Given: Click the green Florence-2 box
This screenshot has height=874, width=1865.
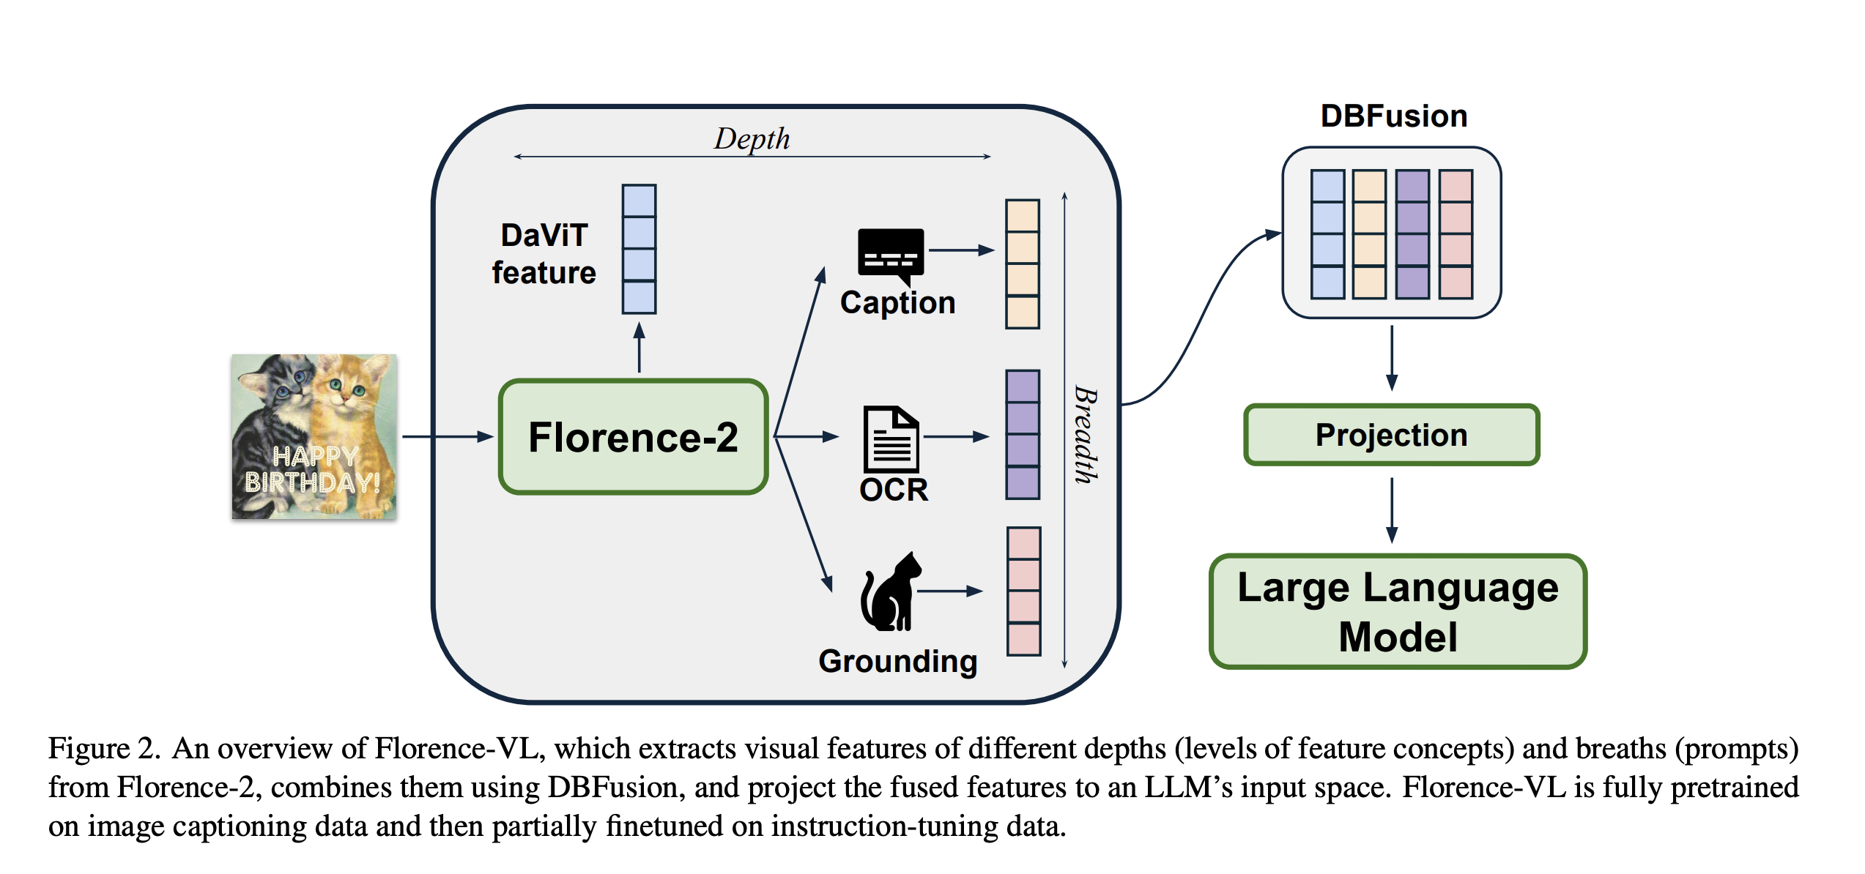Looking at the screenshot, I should [633, 437].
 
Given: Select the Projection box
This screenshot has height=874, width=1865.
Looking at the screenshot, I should [1391, 435].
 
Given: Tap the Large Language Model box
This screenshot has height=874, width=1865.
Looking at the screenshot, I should [1398, 611].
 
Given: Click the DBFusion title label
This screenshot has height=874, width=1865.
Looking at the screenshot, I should [1393, 116].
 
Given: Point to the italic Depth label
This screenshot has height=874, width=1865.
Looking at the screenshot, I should [752, 138].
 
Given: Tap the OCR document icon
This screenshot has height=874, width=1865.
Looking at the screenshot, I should [891, 438].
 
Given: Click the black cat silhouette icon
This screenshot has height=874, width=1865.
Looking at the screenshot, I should [891, 591].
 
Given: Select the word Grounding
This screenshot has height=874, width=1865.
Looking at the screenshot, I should [897, 661].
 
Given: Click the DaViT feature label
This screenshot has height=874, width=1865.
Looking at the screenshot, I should [544, 254].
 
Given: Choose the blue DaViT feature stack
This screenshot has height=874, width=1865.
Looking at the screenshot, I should [639, 250].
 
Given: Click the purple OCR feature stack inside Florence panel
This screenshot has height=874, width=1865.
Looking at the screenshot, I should [1023, 435].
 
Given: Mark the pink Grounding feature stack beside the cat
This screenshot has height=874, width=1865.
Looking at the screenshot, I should [1023, 591].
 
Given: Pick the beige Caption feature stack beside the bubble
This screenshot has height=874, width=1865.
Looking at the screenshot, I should [1023, 264].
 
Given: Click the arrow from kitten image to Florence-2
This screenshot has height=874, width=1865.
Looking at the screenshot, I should [448, 437].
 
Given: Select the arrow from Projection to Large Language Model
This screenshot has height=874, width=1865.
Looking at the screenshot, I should [1392, 509].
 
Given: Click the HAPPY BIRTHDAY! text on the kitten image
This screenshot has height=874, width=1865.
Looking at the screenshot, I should [314, 469].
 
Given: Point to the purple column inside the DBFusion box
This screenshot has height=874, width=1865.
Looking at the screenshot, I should [1412, 234].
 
